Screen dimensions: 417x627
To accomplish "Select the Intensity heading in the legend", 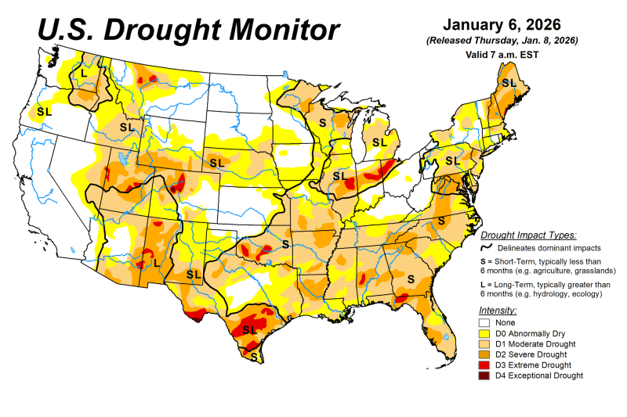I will coord(498,311).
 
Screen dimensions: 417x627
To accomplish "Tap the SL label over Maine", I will coord(509,82).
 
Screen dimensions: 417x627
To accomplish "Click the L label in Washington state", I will coord(84,74).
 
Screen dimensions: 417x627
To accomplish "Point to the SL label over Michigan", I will coord(380,142).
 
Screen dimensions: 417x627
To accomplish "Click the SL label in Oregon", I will coord(44,111).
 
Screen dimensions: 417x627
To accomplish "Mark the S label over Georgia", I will coord(410,278).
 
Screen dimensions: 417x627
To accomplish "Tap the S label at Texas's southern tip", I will coord(253,356).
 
